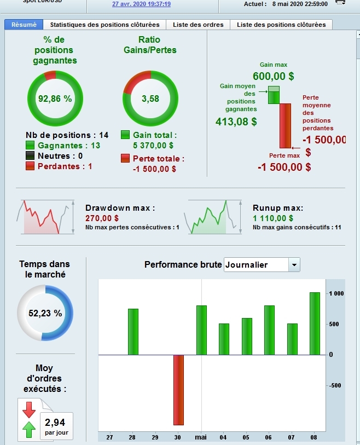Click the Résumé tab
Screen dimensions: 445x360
click(x=24, y=25)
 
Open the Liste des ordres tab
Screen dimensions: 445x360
click(x=198, y=25)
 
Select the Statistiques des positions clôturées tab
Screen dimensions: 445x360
click(x=104, y=25)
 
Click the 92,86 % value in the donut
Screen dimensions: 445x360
click(x=55, y=99)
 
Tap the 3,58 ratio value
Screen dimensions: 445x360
click(x=150, y=99)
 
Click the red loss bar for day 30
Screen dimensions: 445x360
click(x=178, y=390)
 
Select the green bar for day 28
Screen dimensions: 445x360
click(x=133, y=332)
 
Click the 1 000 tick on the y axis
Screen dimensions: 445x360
click(x=336, y=294)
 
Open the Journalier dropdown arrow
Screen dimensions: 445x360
click(x=294, y=265)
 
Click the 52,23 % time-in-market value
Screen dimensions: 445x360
click(x=45, y=314)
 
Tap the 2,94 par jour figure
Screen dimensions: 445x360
click(x=54, y=422)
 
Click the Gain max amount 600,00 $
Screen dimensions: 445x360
click(x=273, y=77)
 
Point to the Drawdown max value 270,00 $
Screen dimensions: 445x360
click(x=102, y=218)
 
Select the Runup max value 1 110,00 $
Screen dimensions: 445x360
click(x=269, y=218)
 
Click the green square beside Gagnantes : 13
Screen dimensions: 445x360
click(x=30, y=146)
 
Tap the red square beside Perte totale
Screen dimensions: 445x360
click(x=125, y=159)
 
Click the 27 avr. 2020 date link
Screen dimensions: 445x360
click(x=141, y=4)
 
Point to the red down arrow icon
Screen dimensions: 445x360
click(x=29, y=409)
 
